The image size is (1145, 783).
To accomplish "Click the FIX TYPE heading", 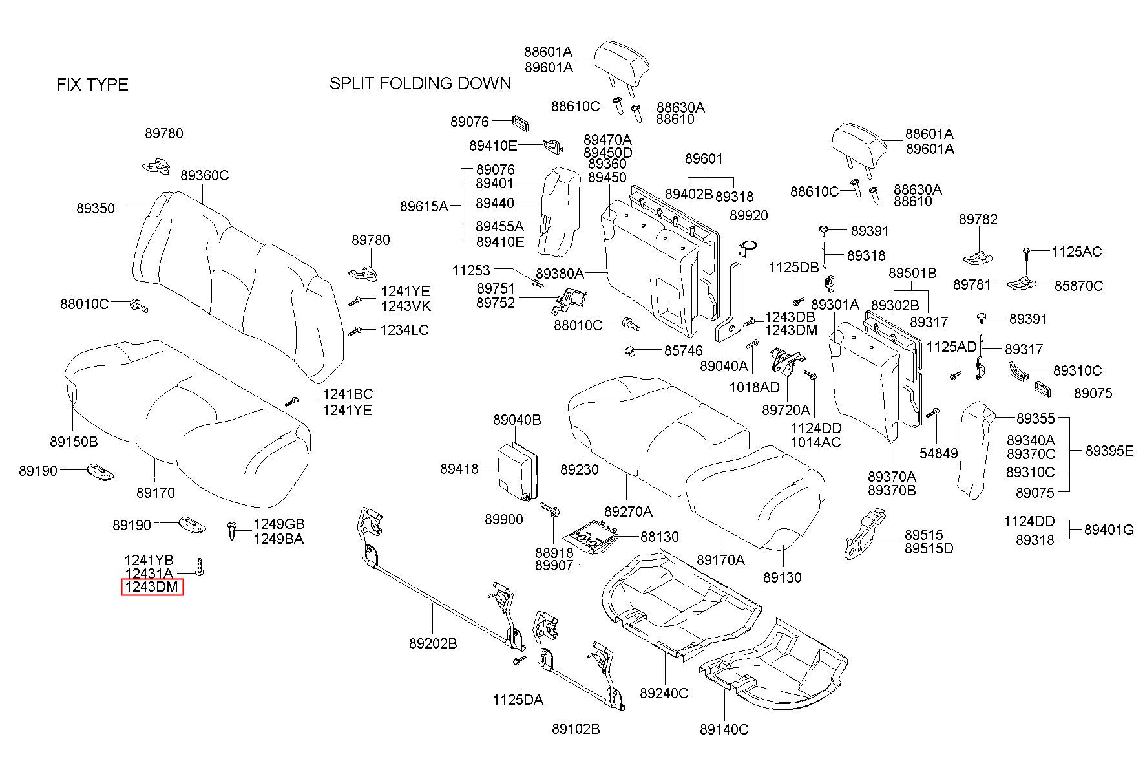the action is (92, 85).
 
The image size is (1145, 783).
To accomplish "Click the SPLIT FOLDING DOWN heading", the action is (420, 83).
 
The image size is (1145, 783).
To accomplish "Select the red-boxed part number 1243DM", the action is (152, 587).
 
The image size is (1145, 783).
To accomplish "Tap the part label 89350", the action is (96, 208).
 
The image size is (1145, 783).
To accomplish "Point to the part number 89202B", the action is (433, 644).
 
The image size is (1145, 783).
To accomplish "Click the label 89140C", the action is (724, 730).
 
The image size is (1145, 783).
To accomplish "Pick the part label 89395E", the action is (1109, 451).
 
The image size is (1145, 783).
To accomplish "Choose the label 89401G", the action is (1109, 530).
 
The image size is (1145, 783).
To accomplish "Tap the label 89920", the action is (749, 215).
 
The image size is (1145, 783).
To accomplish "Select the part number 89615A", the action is (424, 206).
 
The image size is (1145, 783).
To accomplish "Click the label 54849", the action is (939, 454).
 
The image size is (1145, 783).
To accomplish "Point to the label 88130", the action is (660, 537).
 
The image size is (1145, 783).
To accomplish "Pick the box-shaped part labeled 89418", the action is (517, 471).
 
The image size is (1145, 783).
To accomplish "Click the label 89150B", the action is (74, 442).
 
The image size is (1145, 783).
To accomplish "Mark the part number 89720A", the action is (786, 410).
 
